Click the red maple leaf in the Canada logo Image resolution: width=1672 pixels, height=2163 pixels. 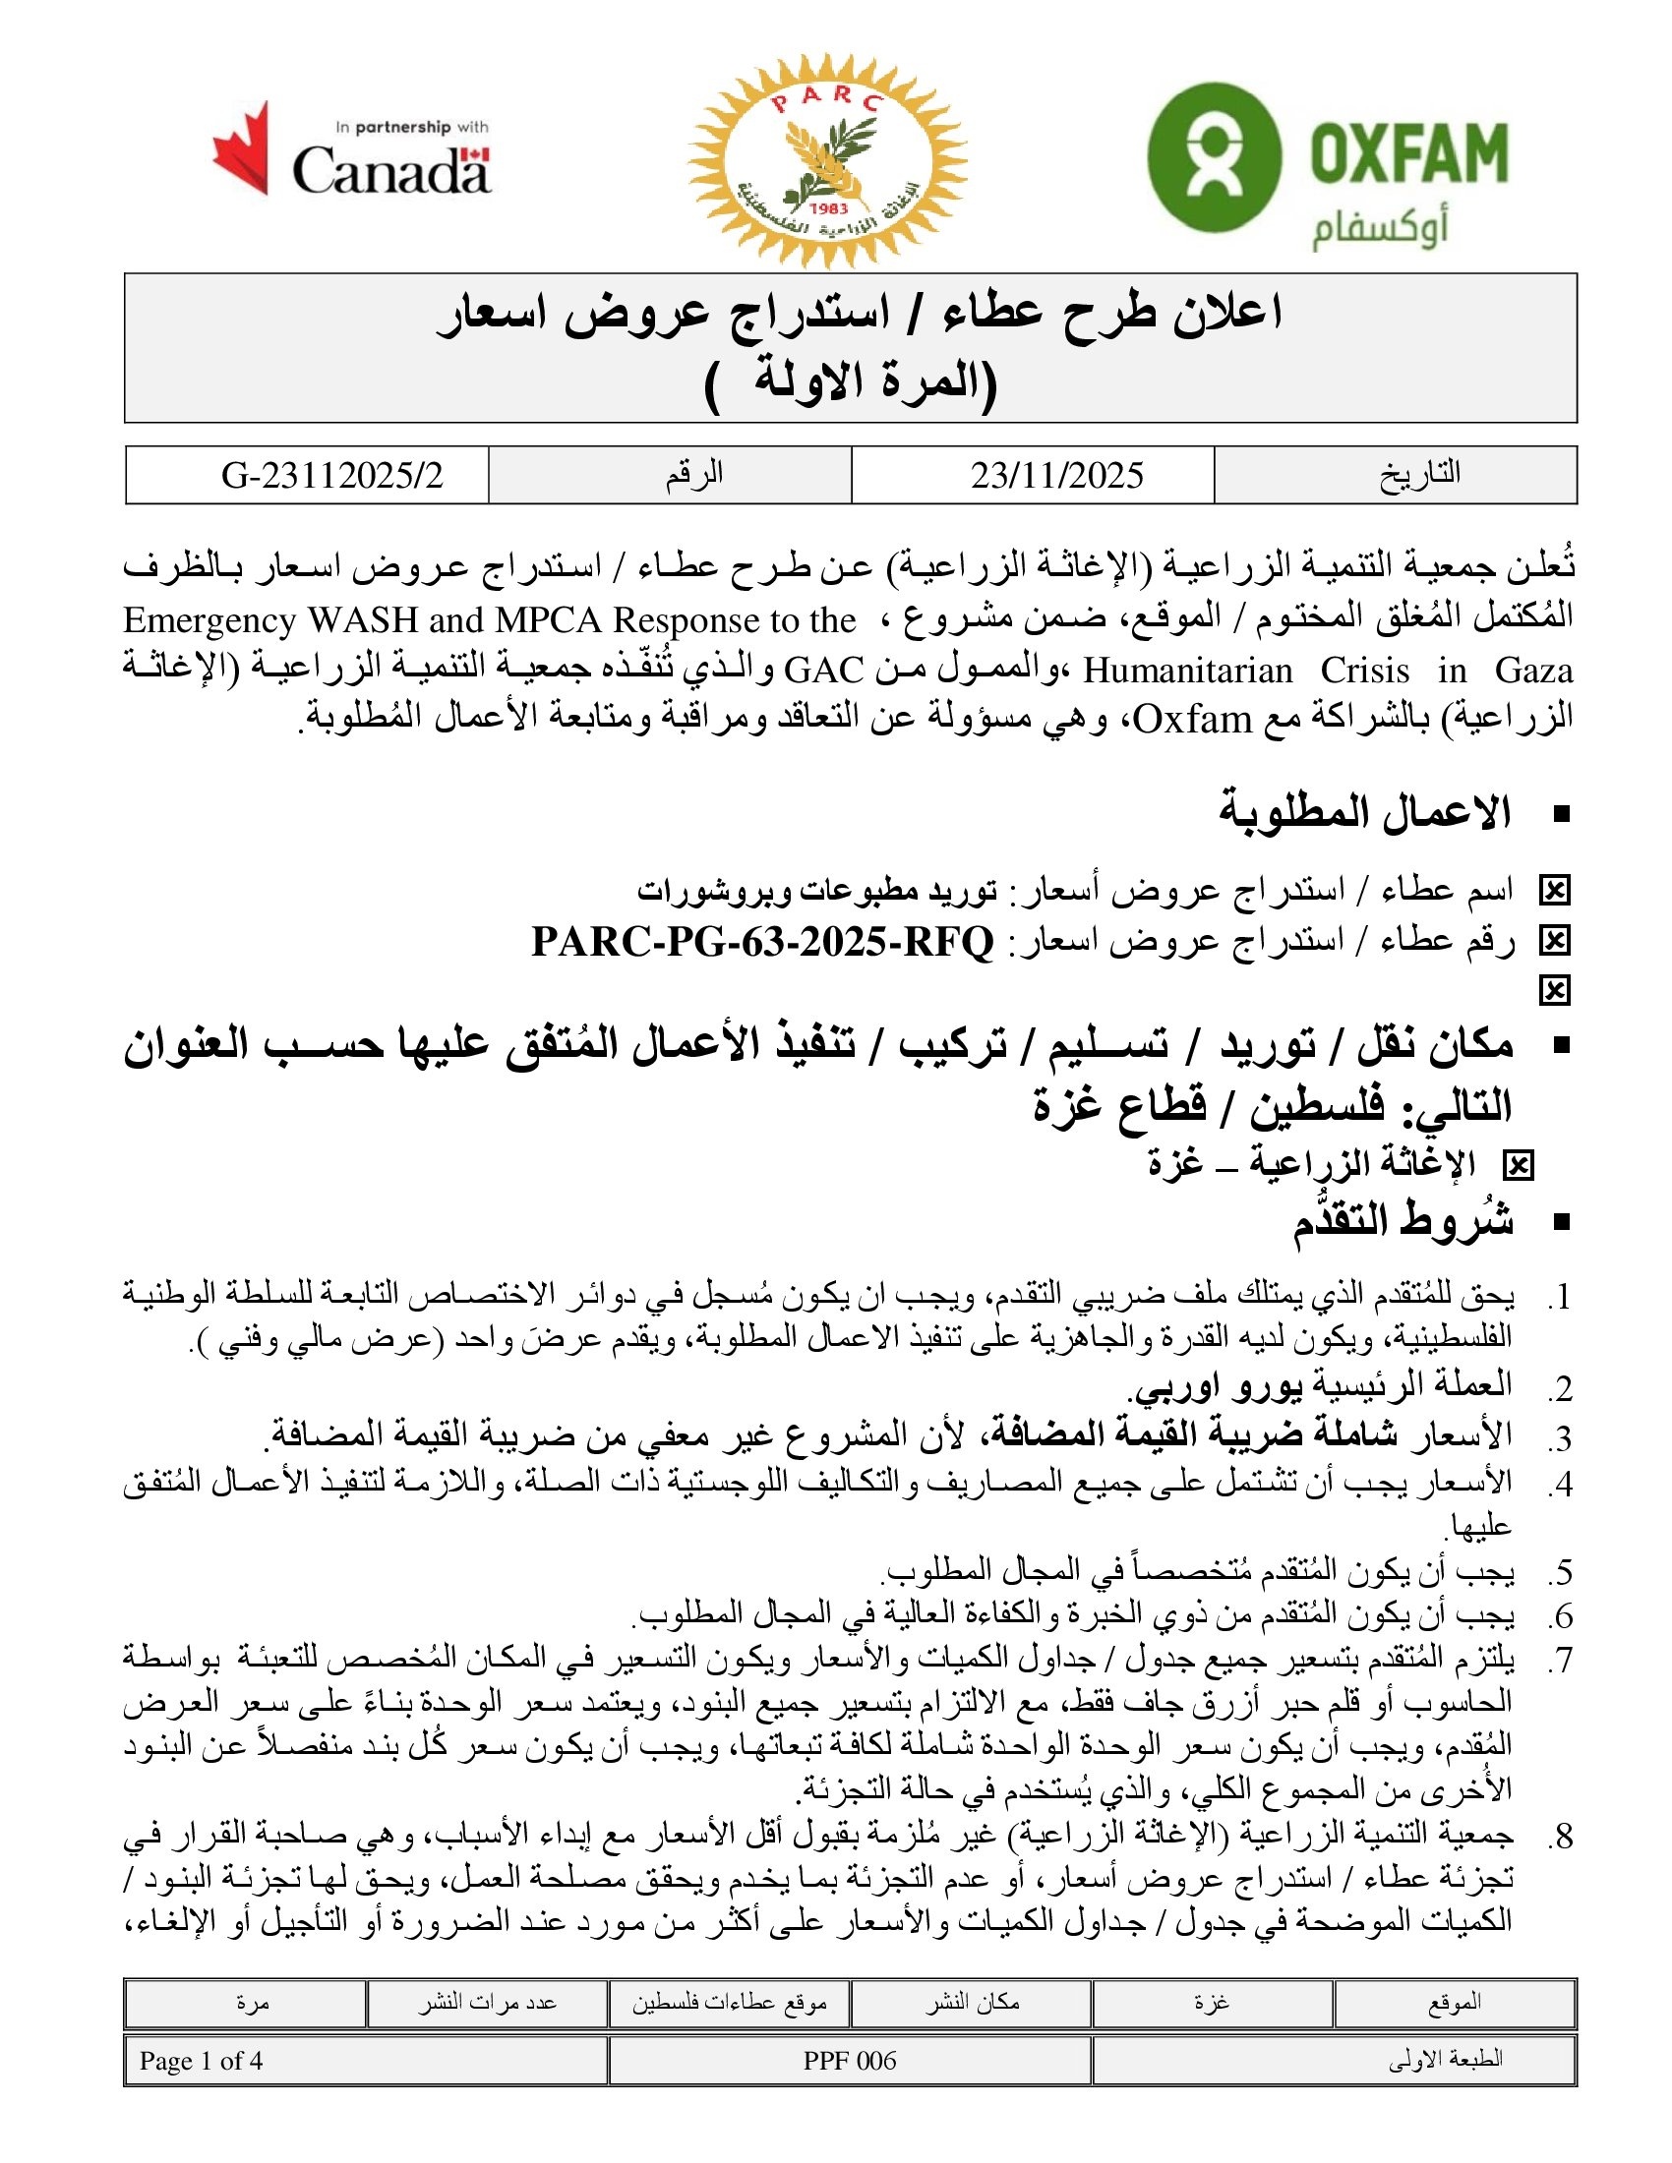(243, 147)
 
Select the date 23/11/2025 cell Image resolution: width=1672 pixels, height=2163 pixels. (1057, 476)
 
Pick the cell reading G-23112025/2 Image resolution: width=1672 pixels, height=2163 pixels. (331, 476)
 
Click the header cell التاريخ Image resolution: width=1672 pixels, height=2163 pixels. (1419, 475)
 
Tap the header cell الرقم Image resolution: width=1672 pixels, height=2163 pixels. (693, 475)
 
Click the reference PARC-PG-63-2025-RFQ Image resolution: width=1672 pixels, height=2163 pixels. (761, 941)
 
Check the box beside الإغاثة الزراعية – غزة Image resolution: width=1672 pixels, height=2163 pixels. (1518, 1166)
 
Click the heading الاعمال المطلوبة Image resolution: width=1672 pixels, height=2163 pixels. (1365, 812)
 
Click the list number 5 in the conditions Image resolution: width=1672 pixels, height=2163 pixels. (1561, 1572)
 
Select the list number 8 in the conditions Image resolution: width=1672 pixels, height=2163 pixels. (1561, 1838)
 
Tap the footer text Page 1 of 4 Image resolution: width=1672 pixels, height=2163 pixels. (201, 2061)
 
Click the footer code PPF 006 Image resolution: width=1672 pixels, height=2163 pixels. (849, 2061)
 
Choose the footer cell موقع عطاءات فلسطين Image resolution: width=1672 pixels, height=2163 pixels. (730, 2003)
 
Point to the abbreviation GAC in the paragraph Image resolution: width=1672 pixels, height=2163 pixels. (824, 671)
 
